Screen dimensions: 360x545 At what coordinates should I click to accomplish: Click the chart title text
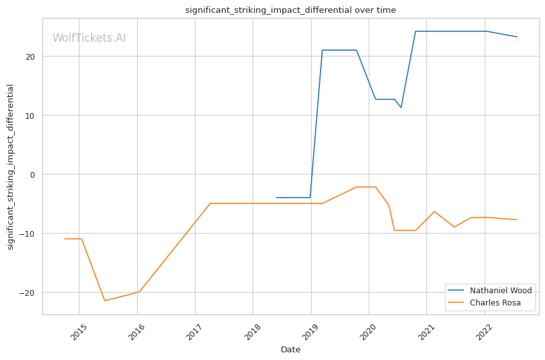[x=290, y=10]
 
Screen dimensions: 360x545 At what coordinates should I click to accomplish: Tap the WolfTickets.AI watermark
[x=89, y=38]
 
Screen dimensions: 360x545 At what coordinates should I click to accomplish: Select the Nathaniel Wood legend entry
[x=501, y=291]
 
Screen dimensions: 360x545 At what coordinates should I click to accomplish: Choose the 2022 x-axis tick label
[x=485, y=330]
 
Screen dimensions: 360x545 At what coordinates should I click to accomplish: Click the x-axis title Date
[x=290, y=350]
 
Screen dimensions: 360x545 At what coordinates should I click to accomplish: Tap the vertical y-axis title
[x=10, y=167]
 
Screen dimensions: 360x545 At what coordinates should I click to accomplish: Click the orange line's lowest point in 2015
[x=105, y=301]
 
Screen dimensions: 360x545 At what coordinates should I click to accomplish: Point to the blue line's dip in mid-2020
[x=401, y=107]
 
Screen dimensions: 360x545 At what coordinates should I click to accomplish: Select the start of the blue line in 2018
[x=276, y=198]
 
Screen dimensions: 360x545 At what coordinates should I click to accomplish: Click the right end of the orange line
[x=517, y=220]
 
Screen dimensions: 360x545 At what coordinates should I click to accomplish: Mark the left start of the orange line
[x=65, y=239]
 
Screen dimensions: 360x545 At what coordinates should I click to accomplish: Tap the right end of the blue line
[x=517, y=37]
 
